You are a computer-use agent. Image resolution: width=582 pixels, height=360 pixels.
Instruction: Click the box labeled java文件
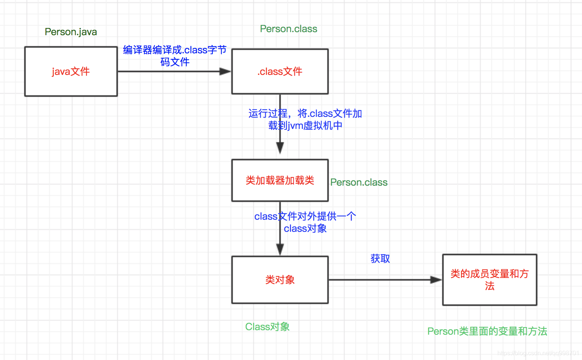tap(71, 71)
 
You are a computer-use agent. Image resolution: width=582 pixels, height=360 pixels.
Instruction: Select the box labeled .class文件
tap(280, 71)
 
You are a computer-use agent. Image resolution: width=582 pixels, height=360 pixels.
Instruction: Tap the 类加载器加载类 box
tap(280, 180)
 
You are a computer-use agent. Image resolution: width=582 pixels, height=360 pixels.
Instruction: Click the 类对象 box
tap(280, 280)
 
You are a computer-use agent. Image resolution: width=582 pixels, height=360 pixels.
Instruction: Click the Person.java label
tap(71, 32)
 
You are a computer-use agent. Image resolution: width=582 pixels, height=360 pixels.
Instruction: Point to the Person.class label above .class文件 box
tap(288, 29)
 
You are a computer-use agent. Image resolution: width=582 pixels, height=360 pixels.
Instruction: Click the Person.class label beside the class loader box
tap(359, 183)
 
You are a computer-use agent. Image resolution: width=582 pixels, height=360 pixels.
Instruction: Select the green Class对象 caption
tap(267, 327)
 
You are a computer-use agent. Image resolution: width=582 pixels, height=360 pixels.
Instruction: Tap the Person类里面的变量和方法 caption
tap(487, 331)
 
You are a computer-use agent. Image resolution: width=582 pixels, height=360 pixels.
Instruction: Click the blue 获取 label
tap(380, 259)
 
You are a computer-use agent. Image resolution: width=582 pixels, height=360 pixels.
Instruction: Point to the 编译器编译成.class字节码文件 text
tap(175, 56)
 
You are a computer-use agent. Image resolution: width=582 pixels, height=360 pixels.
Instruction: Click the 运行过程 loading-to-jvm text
tap(305, 119)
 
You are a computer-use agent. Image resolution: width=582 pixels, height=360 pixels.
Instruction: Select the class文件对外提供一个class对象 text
tap(305, 222)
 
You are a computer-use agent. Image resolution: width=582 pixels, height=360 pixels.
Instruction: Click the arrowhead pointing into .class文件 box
tap(226, 71)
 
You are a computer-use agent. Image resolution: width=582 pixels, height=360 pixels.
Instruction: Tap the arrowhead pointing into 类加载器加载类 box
tap(280, 148)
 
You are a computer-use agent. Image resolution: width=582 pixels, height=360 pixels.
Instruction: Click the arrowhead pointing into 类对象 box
tap(280, 249)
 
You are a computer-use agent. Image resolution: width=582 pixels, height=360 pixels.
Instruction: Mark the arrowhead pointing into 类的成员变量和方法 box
tap(436, 280)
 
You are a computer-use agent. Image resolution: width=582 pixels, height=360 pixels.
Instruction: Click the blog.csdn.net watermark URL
tap(538, 353)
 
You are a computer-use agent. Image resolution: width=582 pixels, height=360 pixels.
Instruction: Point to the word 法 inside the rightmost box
tap(489, 286)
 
